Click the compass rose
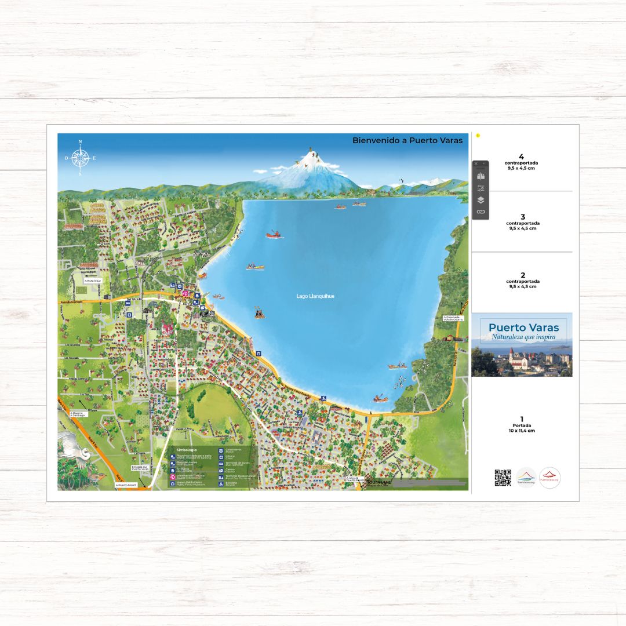point(80,157)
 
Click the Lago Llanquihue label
point(315,296)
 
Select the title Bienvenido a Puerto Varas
point(408,140)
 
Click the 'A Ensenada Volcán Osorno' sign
point(453,318)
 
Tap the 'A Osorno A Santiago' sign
point(78,414)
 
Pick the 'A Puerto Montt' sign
point(126,485)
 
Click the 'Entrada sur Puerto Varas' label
point(140,467)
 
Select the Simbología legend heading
point(187,449)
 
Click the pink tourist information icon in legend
point(173,476)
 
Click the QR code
point(503,478)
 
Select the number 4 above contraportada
point(522,156)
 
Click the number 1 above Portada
point(522,419)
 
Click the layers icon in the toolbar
point(481,200)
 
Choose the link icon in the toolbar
point(481,212)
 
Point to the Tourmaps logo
point(379,482)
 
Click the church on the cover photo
point(511,358)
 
